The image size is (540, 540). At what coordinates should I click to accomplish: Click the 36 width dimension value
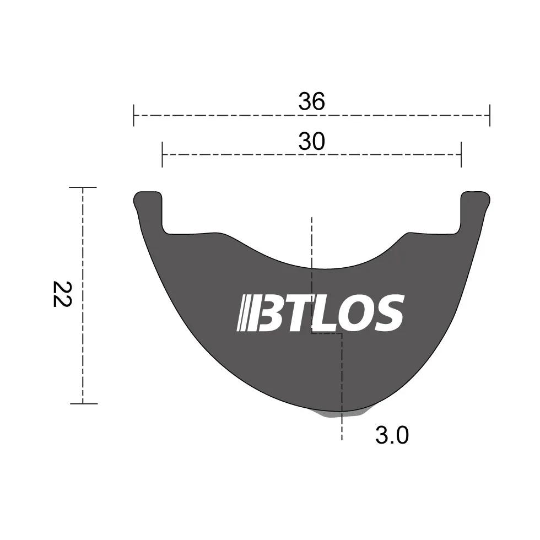pyautogui.click(x=311, y=101)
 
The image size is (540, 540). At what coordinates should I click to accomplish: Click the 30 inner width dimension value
pyautogui.click(x=311, y=142)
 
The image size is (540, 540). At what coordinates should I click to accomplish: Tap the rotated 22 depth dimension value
pyautogui.click(x=62, y=295)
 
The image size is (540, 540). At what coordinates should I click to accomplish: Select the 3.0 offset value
pyautogui.click(x=392, y=436)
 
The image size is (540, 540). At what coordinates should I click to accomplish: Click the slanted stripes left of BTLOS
pyautogui.click(x=245, y=314)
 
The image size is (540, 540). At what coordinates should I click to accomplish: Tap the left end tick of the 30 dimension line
pyautogui.click(x=162, y=155)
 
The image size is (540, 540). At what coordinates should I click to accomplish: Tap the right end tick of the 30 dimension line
pyautogui.click(x=461, y=155)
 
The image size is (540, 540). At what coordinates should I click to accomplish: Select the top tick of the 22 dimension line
pyautogui.click(x=83, y=187)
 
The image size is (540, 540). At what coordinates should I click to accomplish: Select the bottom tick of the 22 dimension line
pyautogui.click(x=83, y=403)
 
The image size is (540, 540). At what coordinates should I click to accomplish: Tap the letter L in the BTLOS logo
pyautogui.click(x=325, y=313)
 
